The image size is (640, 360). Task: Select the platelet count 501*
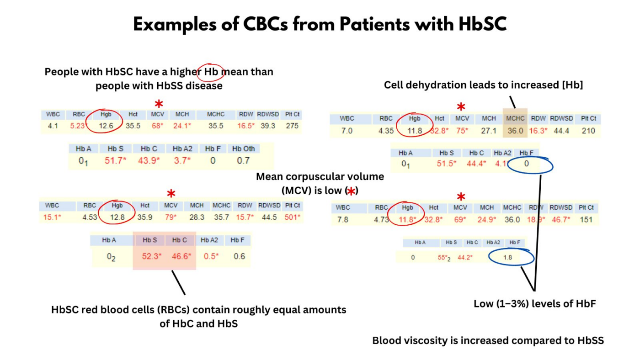pos(292,217)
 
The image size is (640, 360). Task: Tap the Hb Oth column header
pos(243,148)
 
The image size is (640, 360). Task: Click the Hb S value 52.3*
pos(151,256)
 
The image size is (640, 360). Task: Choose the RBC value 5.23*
pos(78,126)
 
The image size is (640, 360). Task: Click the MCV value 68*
pos(158,126)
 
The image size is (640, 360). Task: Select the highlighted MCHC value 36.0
pos(515,131)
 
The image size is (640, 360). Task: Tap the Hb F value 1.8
pos(507,258)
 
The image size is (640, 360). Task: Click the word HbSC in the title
pos(482,24)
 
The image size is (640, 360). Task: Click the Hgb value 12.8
pos(117,217)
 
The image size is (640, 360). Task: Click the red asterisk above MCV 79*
pos(171,193)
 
